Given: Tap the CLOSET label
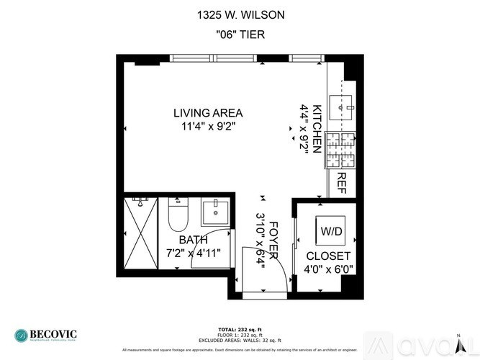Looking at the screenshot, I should point(328,256).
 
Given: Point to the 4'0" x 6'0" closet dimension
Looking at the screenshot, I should point(328,270).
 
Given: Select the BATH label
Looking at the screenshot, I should point(194,240).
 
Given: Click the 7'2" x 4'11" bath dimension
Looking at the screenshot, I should point(193,253).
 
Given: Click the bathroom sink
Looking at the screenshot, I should point(214,212).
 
